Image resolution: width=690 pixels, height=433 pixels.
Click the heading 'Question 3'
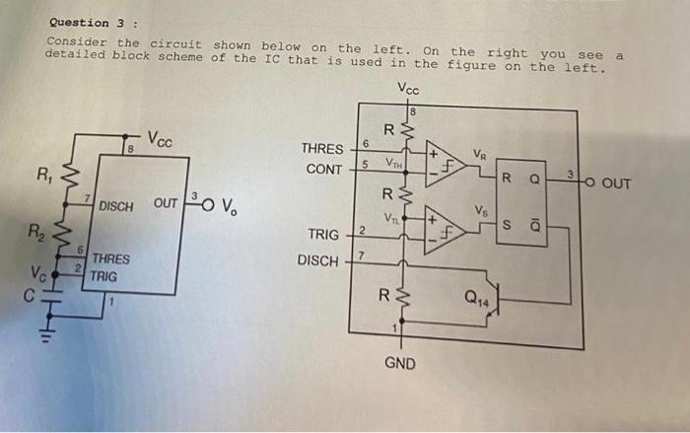(81, 22)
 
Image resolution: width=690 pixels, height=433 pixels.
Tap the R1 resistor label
(44, 178)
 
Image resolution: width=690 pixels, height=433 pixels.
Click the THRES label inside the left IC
(110, 259)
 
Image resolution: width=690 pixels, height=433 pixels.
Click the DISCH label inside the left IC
(116, 206)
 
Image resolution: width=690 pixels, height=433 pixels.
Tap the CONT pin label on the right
(324, 169)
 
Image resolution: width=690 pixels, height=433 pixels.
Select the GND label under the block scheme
(399, 363)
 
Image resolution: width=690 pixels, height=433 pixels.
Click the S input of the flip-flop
(507, 225)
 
